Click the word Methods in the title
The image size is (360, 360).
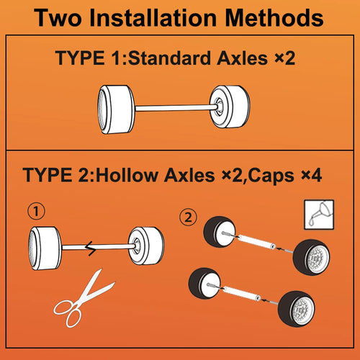click(274, 18)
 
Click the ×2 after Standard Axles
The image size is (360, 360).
click(285, 58)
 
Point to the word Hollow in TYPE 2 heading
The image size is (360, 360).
click(126, 176)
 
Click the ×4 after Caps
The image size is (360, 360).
click(312, 176)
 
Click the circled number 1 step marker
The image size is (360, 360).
click(36, 212)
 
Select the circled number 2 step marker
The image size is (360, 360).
click(188, 217)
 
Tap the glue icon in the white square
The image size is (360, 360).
click(319, 215)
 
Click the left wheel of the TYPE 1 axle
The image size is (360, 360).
click(117, 109)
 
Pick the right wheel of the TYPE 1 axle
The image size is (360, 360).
click(230, 107)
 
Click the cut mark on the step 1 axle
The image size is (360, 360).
click(91, 248)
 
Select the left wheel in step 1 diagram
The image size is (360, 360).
click(45, 248)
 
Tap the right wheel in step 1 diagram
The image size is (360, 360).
click(146, 246)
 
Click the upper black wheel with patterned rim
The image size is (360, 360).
click(312, 257)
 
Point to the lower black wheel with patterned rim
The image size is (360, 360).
click(297, 309)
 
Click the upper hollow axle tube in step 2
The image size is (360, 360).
click(257, 242)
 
